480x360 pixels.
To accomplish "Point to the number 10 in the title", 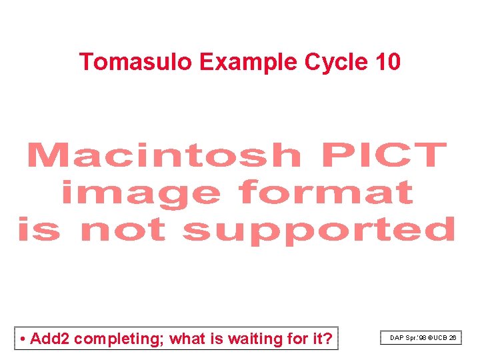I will point(388,62).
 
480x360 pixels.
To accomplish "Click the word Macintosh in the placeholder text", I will point(164,155).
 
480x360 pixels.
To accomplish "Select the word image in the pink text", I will point(140,193).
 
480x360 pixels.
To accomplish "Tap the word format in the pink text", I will point(326,193).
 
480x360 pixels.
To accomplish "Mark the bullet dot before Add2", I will point(23,339).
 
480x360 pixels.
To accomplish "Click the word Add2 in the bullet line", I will point(50,339).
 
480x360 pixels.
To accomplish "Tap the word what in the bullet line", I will point(188,339).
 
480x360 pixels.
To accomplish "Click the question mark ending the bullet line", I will point(327,339).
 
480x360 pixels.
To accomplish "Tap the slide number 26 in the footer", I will point(453,339).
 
